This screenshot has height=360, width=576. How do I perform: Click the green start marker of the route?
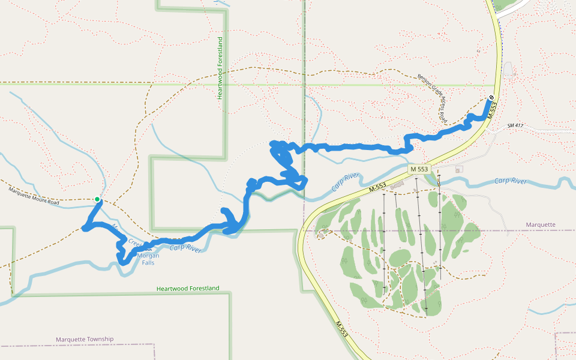(97, 199)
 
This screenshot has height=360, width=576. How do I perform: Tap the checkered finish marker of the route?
(491, 97)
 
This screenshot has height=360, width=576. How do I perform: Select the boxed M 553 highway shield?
(419, 170)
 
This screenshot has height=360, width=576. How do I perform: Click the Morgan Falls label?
(148, 259)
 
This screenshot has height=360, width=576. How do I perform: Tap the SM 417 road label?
(516, 125)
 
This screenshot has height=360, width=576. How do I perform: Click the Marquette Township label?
(85, 339)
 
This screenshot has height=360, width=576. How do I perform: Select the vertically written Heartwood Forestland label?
(220, 68)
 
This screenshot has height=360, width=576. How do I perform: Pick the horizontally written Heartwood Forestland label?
(188, 289)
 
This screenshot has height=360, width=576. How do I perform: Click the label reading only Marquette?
(541, 225)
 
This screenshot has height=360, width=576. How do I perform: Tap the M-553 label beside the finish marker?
(493, 110)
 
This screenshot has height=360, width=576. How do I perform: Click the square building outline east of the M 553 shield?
(459, 169)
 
